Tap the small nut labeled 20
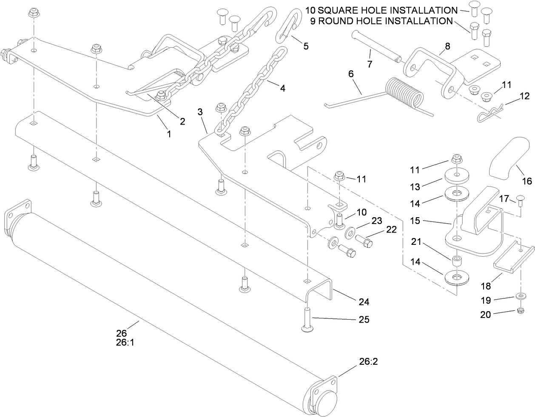coord(520,312)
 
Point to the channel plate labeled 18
coord(513,260)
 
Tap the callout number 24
coord(363,302)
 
